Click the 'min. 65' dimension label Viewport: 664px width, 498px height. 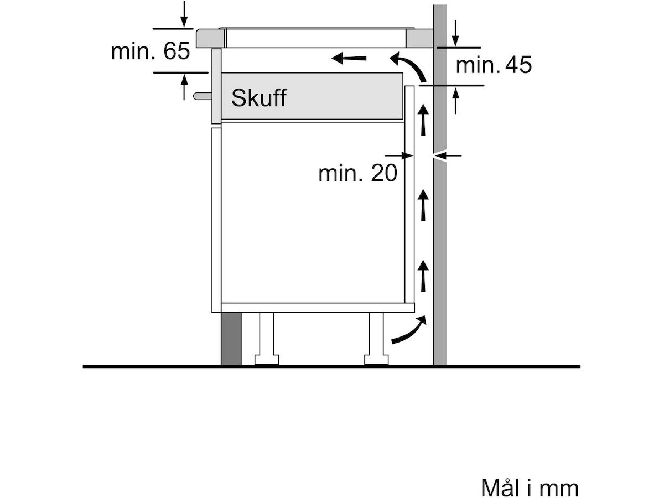pos(151,51)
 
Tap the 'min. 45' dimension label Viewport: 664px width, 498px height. pos(494,65)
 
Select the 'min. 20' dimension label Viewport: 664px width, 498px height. pos(357,173)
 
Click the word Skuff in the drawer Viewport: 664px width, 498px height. pos(258,98)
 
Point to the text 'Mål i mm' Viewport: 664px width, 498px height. pos(530,487)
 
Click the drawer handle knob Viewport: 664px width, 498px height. pos(203,96)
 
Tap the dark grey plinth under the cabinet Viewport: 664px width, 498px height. pos(231,339)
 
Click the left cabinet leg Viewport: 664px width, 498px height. pos(267,339)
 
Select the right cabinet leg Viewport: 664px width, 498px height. pos(376,339)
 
